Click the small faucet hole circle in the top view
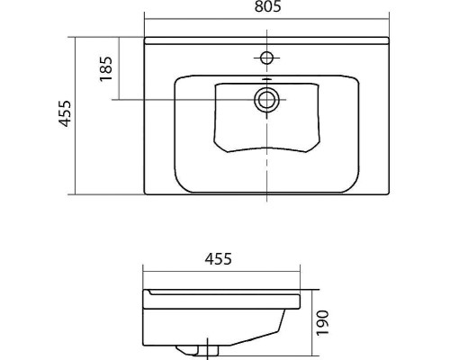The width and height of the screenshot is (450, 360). click(x=266, y=58)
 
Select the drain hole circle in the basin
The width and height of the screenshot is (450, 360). click(x=266, y=100)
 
